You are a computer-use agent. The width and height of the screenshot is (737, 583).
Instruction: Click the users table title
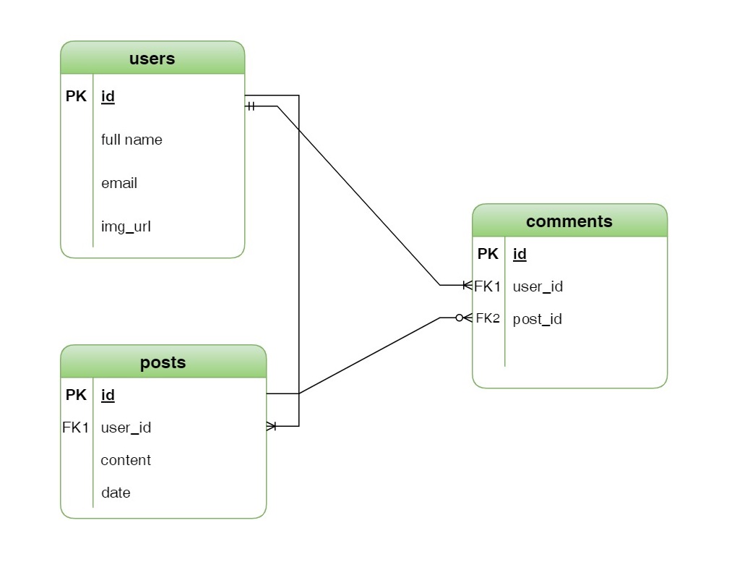(x=152, y=59)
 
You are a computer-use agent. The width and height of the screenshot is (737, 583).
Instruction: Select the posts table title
(x=163, y=362)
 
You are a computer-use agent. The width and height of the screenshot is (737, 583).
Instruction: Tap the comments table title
(x=569, y=221)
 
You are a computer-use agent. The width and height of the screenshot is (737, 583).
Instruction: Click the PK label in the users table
(x=76, y=96)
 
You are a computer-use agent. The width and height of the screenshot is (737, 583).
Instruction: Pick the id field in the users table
(x=108, y=96)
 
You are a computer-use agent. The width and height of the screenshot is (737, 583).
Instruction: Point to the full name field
(x=132, y=140)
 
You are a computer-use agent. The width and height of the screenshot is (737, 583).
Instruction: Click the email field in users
(x=119, y=183)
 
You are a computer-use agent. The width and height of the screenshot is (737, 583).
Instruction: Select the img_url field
(x=126, y=226)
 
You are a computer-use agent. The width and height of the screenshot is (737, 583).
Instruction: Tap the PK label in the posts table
(x=76, y=395)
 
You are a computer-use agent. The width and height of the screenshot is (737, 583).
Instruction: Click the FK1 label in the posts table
(x=75, y=427)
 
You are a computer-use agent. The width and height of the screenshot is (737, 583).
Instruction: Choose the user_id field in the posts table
(x=126, y=427)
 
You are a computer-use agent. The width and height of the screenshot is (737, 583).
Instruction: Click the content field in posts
(x=126, y=460)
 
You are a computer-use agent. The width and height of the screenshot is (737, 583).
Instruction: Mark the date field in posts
(x=116, y=493)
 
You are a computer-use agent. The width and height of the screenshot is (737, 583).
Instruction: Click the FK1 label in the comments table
(x=488, y=286)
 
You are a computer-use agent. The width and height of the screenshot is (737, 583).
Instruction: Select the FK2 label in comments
(x=488, y=318)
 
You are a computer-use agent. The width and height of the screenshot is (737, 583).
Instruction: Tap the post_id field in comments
(x=537, y=319)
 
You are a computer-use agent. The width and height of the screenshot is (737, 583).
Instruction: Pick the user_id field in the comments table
(x=538, y=286)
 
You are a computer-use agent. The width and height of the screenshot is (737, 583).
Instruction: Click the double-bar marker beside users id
(x=251, y=106)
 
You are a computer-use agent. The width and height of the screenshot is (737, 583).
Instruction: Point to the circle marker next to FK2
(x=459, y=318)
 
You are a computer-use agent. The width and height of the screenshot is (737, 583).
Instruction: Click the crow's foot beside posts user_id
(x=272, y=426)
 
